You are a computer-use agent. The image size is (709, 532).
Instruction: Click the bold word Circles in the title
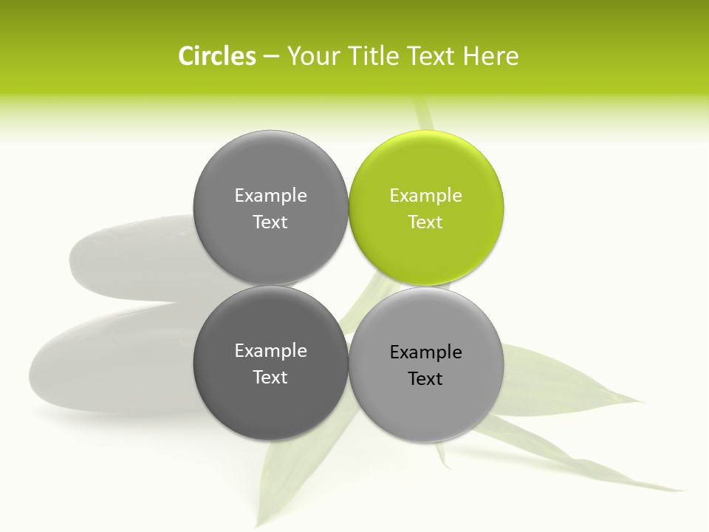(x=217, y=56)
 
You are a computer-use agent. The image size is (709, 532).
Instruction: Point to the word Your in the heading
(x=312, y=56)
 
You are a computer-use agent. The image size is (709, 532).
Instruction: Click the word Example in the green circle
(x=426, y=196)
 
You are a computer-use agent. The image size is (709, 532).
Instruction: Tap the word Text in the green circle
(x=426, y=222)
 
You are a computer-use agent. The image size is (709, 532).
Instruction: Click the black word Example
(x=426, y=352)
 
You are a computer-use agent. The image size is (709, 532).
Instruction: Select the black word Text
(x=426, y=379)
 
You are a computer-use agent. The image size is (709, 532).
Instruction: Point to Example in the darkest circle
(x=270, y=351)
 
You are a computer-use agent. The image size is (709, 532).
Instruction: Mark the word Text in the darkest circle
(x=270, y=378)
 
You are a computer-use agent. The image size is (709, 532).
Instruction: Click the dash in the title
(x=271, y=56)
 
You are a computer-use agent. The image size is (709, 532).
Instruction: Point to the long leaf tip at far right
(x=676, y=488)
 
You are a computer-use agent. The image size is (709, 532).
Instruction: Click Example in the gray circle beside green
(x=270, y=196)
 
